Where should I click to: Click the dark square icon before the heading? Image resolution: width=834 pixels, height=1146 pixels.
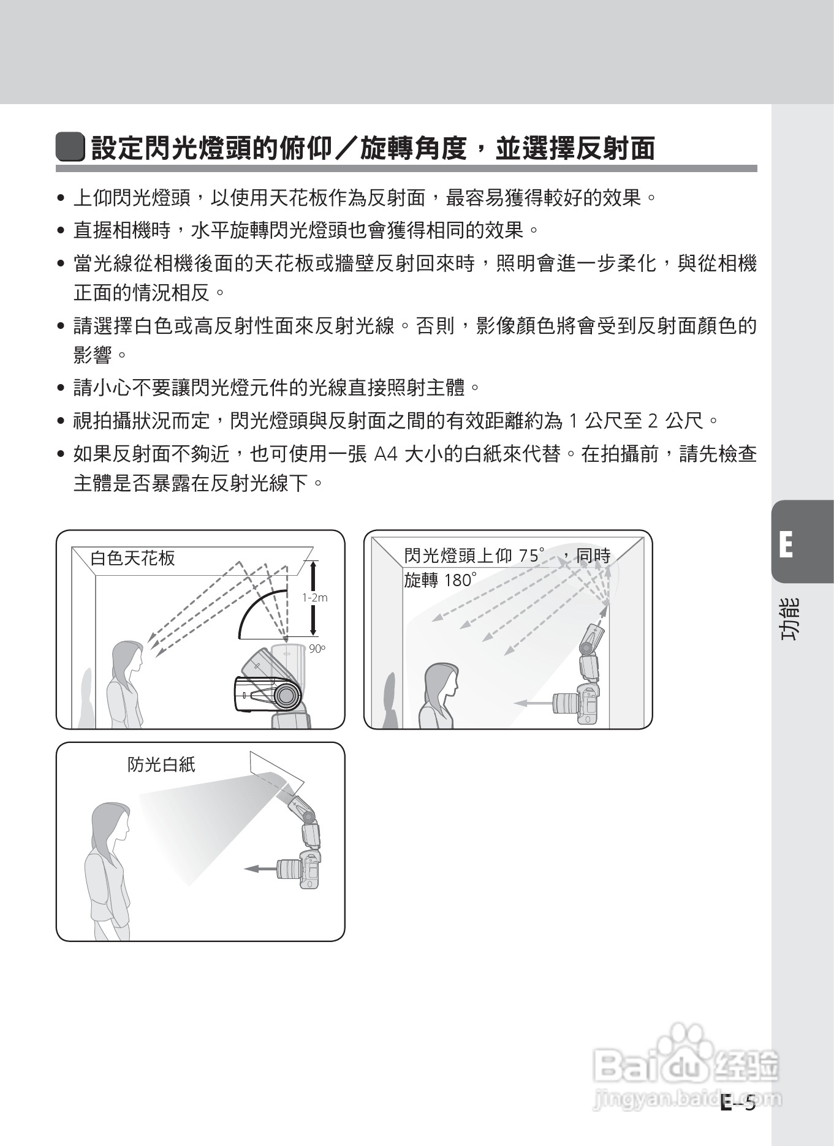click(x=70, y=147)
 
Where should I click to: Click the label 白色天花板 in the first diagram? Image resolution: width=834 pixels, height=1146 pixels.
click(x=132, y=558)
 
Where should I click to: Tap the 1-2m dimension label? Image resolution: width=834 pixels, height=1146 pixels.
click(x=315, y=598)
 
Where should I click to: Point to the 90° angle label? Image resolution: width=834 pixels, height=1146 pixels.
click(x=317, y=649)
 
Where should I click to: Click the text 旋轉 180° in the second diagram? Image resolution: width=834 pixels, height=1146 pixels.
click(x=439, y=580)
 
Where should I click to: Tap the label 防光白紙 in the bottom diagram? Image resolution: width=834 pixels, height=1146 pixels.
click(x=161, y=764)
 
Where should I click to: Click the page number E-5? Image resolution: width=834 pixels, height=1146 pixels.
click(x=738, y=1103)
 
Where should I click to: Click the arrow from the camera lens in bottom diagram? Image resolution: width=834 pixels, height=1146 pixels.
click(x=260, y=868)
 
